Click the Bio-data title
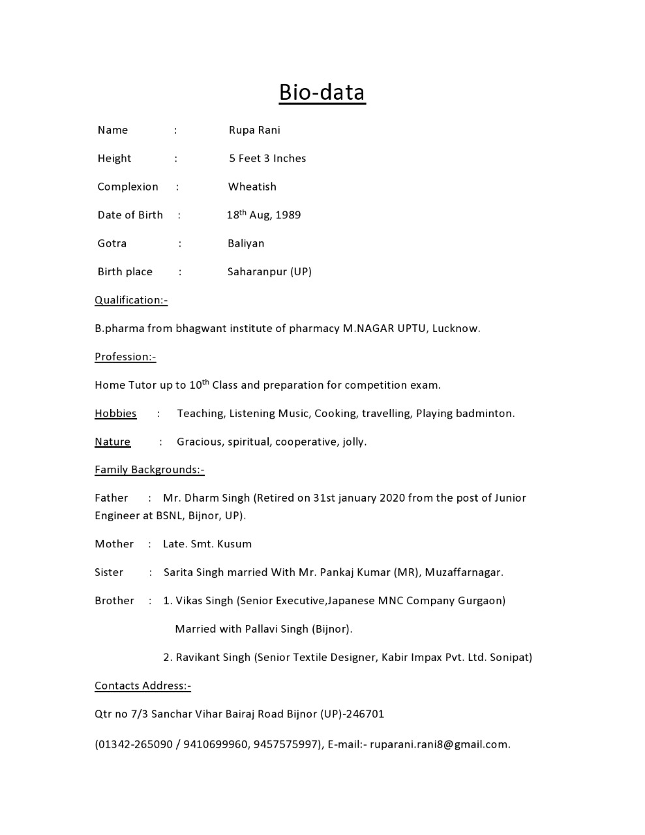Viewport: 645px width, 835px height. pyautogui.click(x=322, y=92)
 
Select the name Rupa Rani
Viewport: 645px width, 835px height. pyautogui.click(x=254, y=130)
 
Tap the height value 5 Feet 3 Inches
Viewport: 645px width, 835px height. pyautogui.click(x=267, y=159)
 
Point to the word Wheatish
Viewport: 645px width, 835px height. pyautogui.click(x=252, y=187)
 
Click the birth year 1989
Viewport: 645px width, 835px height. pyautogui.click(x=288, y=215)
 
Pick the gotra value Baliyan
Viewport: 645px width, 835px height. pyautogui.click(x=246, y=243)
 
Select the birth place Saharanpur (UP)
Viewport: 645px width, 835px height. pyautogui.click(x=269, y=272)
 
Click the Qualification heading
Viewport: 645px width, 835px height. pyautogui.click(x=131, y=300)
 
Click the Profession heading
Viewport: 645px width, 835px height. pyautogui.click(x=125, y=357)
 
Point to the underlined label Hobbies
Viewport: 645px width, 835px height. pyautogui.click(x=115, y=414)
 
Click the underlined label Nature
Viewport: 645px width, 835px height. pyautogui.click(x=112, y=442)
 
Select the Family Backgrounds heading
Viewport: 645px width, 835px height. pyautogui.click(x=149, y=470)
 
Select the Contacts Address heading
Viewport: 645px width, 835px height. pyautogui.click(x=143, y=686)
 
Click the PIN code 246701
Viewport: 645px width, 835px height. pyautogui.click(x=365, y=714)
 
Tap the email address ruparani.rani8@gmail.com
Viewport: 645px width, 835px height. pyautogui.click(x=440, y=744)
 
